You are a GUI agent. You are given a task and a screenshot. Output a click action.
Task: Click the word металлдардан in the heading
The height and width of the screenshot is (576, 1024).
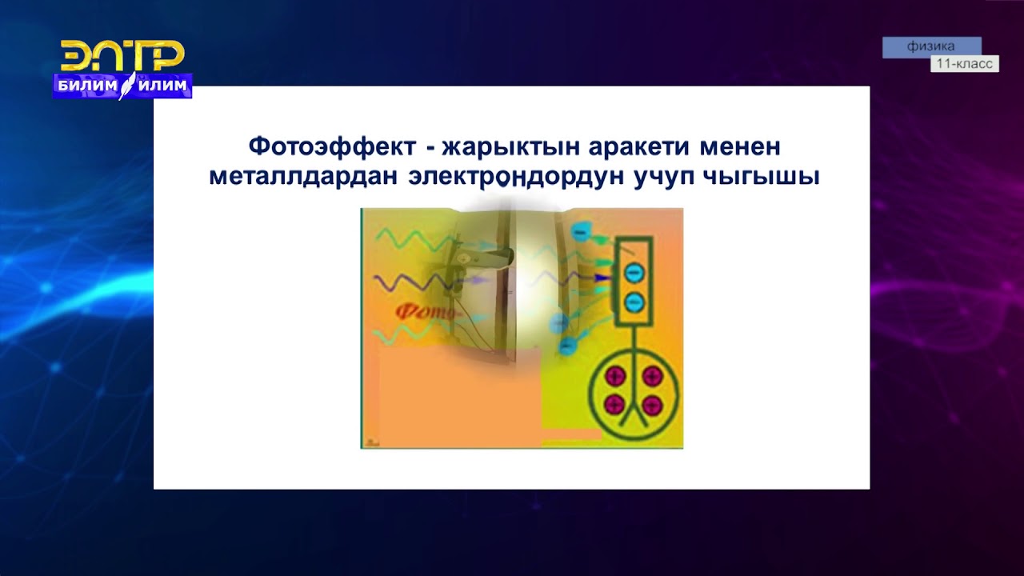(x=303, y=176)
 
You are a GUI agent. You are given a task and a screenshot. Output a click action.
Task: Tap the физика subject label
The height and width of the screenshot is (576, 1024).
(x=931, y=46)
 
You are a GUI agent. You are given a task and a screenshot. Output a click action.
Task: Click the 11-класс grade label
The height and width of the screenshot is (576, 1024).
(x=964, y=64)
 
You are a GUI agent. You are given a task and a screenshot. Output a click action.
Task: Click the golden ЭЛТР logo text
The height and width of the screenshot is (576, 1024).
(x=122, y=56)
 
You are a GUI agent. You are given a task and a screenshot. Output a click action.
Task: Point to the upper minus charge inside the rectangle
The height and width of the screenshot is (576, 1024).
(x=633, y=273)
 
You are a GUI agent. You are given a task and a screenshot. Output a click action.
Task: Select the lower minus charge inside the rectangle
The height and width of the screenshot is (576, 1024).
(x=633, y=302)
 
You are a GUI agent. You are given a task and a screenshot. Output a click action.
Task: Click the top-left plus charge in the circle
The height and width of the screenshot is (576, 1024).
(x=614, y=376)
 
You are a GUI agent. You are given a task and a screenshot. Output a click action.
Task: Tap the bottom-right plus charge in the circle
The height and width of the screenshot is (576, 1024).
(x=652, y=404)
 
